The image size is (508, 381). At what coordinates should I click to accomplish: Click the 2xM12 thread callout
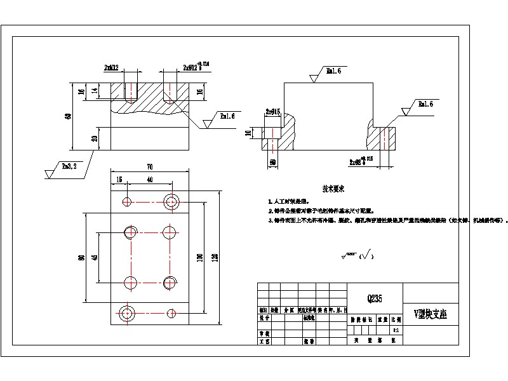click(x=112, y=67)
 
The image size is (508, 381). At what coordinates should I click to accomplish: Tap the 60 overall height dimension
click(x=68, y=116)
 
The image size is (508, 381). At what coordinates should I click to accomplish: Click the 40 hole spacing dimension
click(x=149, y=180)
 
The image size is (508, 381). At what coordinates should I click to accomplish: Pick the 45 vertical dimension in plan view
click(x=95, y=257)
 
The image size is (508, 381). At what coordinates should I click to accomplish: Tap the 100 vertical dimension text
click(x=199, y=257)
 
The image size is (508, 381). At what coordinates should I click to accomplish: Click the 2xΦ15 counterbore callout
click(x=273, y=112)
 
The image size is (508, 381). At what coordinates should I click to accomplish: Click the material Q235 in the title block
click(x=375, y=298)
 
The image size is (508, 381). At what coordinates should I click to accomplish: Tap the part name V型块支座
click(x=430, y=314)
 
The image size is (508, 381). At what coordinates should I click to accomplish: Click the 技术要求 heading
click(x=333, y=189)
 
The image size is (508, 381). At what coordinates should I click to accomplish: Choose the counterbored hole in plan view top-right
click(x=171, y=202)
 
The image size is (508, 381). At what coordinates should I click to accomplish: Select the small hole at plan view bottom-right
click(x=171, y=312)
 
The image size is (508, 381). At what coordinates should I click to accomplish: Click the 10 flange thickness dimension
click(x=249, y=133)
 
